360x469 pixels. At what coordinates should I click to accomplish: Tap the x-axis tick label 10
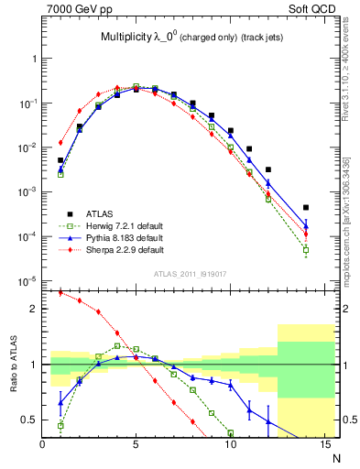230,445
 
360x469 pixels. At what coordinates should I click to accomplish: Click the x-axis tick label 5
136,445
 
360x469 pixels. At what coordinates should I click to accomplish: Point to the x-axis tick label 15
323,445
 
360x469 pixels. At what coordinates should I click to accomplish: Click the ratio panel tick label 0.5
29,420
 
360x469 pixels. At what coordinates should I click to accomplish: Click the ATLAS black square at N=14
305,207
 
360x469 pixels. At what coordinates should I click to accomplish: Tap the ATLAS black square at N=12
267,169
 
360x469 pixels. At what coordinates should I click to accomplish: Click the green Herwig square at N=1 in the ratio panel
60,425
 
